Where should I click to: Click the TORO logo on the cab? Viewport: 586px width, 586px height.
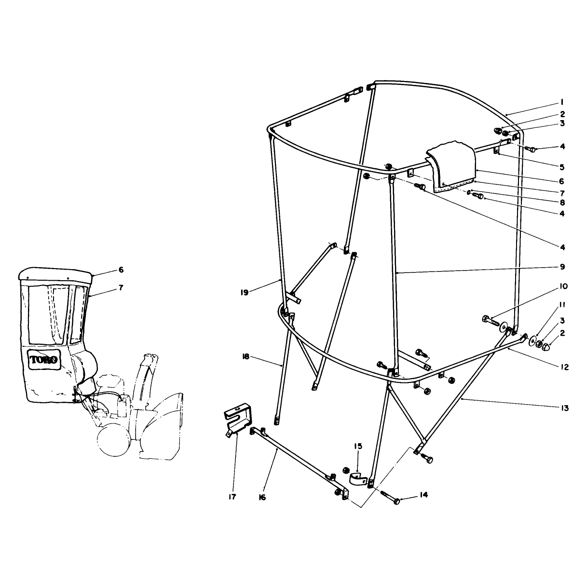43,360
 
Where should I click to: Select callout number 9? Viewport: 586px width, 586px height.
562,267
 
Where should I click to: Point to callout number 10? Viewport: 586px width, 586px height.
563,286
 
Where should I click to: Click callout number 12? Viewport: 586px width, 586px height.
564,367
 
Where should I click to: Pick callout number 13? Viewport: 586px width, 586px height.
564,408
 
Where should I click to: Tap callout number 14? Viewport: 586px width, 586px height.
423,495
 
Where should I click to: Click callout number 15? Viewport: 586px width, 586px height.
358,446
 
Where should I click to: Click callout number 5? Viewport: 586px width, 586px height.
562,167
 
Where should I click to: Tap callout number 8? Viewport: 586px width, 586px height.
562,203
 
